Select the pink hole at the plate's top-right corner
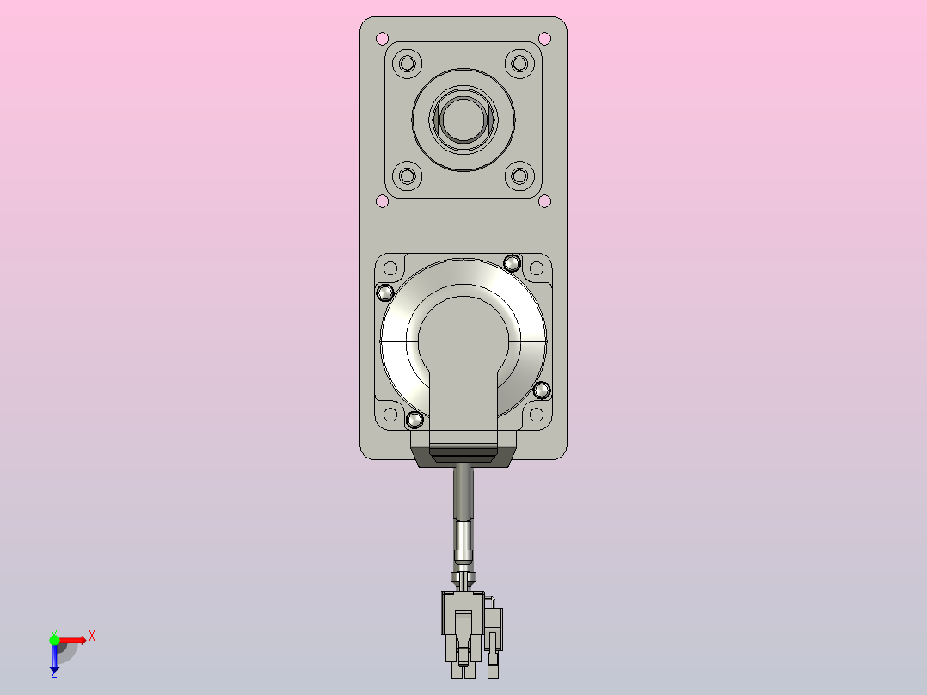(544, 38)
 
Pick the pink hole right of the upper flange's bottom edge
(544, 201)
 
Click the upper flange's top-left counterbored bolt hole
(408, 63)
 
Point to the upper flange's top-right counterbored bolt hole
(519, 63)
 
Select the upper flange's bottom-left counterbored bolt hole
(408, 176)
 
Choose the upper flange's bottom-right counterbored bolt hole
(519, 176)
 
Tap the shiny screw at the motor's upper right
(512, 262)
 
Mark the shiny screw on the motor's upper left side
(385, 292)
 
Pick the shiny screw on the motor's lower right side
(541, 391)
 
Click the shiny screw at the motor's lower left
(414, 420)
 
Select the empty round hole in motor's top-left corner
(390, 268)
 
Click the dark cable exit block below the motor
(463, 455)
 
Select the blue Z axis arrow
(54, 659)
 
